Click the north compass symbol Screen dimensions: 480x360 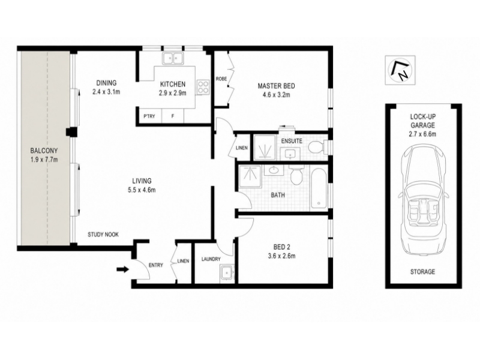pos(400,70)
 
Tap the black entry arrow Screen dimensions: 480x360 pos(122,269)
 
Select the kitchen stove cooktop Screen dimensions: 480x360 pos(203,87)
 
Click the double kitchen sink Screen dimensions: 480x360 pos(173,58)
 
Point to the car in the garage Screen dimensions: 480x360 pos(423,200)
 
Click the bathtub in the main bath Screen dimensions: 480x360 pos(319,188)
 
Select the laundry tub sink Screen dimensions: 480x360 pos(227,272)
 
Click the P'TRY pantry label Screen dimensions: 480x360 pos(149,116)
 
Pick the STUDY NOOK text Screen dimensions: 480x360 pos(103,235)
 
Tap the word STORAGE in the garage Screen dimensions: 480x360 pos(422,272)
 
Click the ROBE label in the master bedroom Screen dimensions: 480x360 pos(221,79)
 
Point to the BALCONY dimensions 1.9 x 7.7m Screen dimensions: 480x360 pos(44,159)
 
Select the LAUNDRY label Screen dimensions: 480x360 pos(211,259)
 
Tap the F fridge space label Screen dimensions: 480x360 pos(173,116)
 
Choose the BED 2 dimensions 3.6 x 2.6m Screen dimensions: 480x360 pos(281,256)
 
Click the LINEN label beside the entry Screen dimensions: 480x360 pos(184,261)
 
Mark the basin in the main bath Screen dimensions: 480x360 pos(274,170)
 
